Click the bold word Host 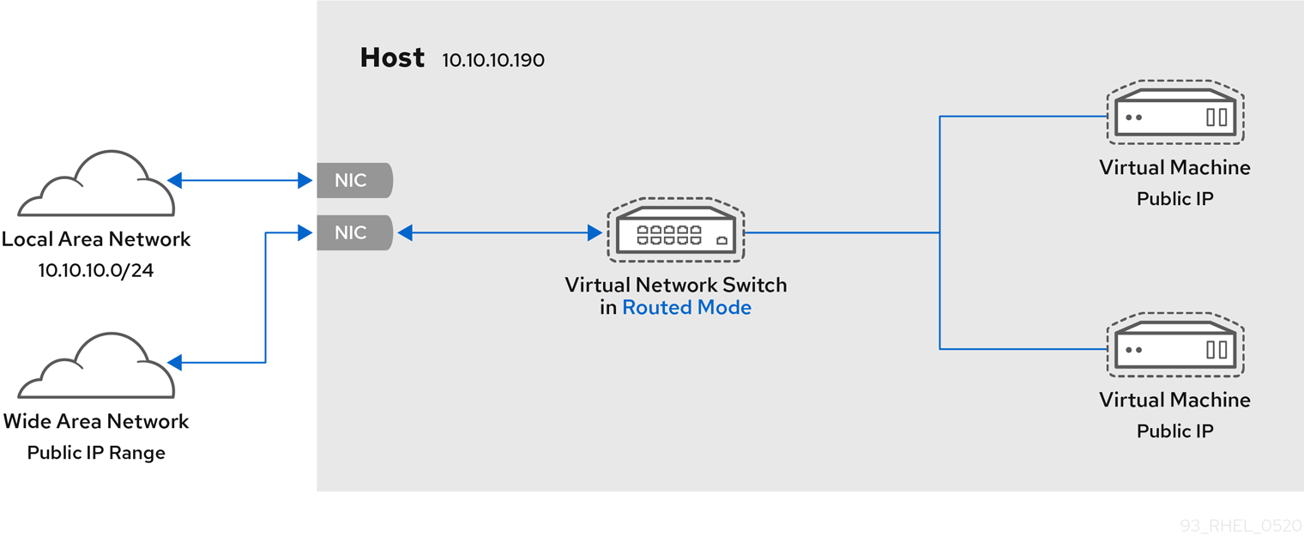pyautogui.click(x=392, y=57)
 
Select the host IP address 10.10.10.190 pyautogui.click(x=492, y=61)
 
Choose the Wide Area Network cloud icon pyautogui.click(x=96, y=367)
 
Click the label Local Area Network pyautogui.click(x=96, y=239)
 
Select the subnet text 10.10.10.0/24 pyautogui.click(x=96, y=271)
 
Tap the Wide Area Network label pyautogui.click(x=96, y=421)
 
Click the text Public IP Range pyautogui.click(x=96, y=453)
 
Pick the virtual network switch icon pyautogui.click(x=675, y=232)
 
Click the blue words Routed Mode pyautogui.click(x=686, y=308)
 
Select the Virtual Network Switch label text pyautogui.click(x=675, y=285)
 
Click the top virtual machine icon pyautogui.click(x=1174, y=113)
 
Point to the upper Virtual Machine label pyautogui.click(x=1174, y=168)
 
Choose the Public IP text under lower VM pyautogui.click(x=1174, y=431)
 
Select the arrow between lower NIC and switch pyautogui.click(x=499, y=232)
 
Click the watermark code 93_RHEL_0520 pyautogui.click(x=1241, y=526)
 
